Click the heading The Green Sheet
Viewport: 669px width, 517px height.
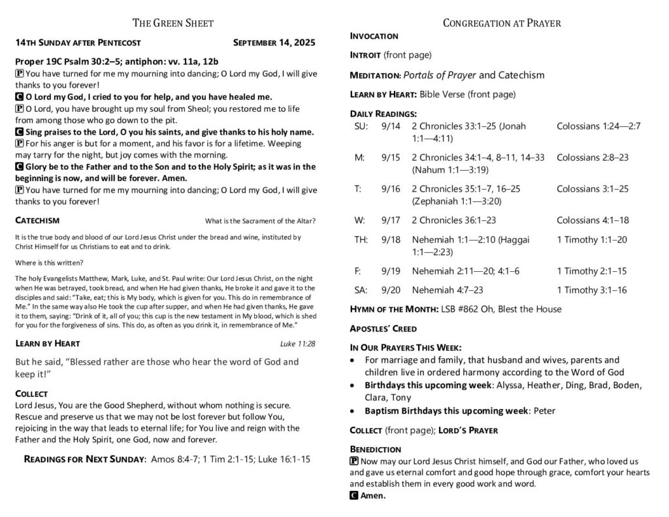click(173, 24)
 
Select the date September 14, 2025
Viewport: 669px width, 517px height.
click(274, 43)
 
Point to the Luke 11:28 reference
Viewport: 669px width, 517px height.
click(297, 343)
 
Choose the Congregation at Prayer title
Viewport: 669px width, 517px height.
click(501, 24)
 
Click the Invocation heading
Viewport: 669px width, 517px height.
click(374, 36)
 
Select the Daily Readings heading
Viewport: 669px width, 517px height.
click(383, 114)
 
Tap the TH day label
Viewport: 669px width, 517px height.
click(361, 240)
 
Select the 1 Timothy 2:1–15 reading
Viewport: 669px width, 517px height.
click(591, 271)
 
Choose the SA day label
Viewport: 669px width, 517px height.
click(361, 290)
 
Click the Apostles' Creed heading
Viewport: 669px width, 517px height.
click(383, 328)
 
